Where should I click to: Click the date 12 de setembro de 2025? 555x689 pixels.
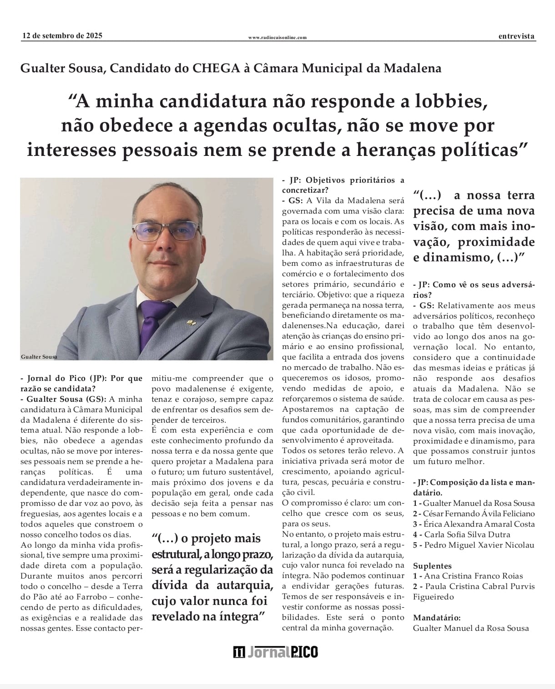tap(62, 36)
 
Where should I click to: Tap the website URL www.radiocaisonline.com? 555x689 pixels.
tap(277, 38)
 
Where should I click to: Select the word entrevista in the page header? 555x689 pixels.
tap(516, 36)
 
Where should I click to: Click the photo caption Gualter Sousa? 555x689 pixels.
tap(39, 357)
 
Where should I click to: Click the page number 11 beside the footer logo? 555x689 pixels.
tap(238, 653)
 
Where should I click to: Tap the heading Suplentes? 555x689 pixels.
tap(432, 566)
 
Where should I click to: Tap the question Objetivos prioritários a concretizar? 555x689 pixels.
tap(343, 185)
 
